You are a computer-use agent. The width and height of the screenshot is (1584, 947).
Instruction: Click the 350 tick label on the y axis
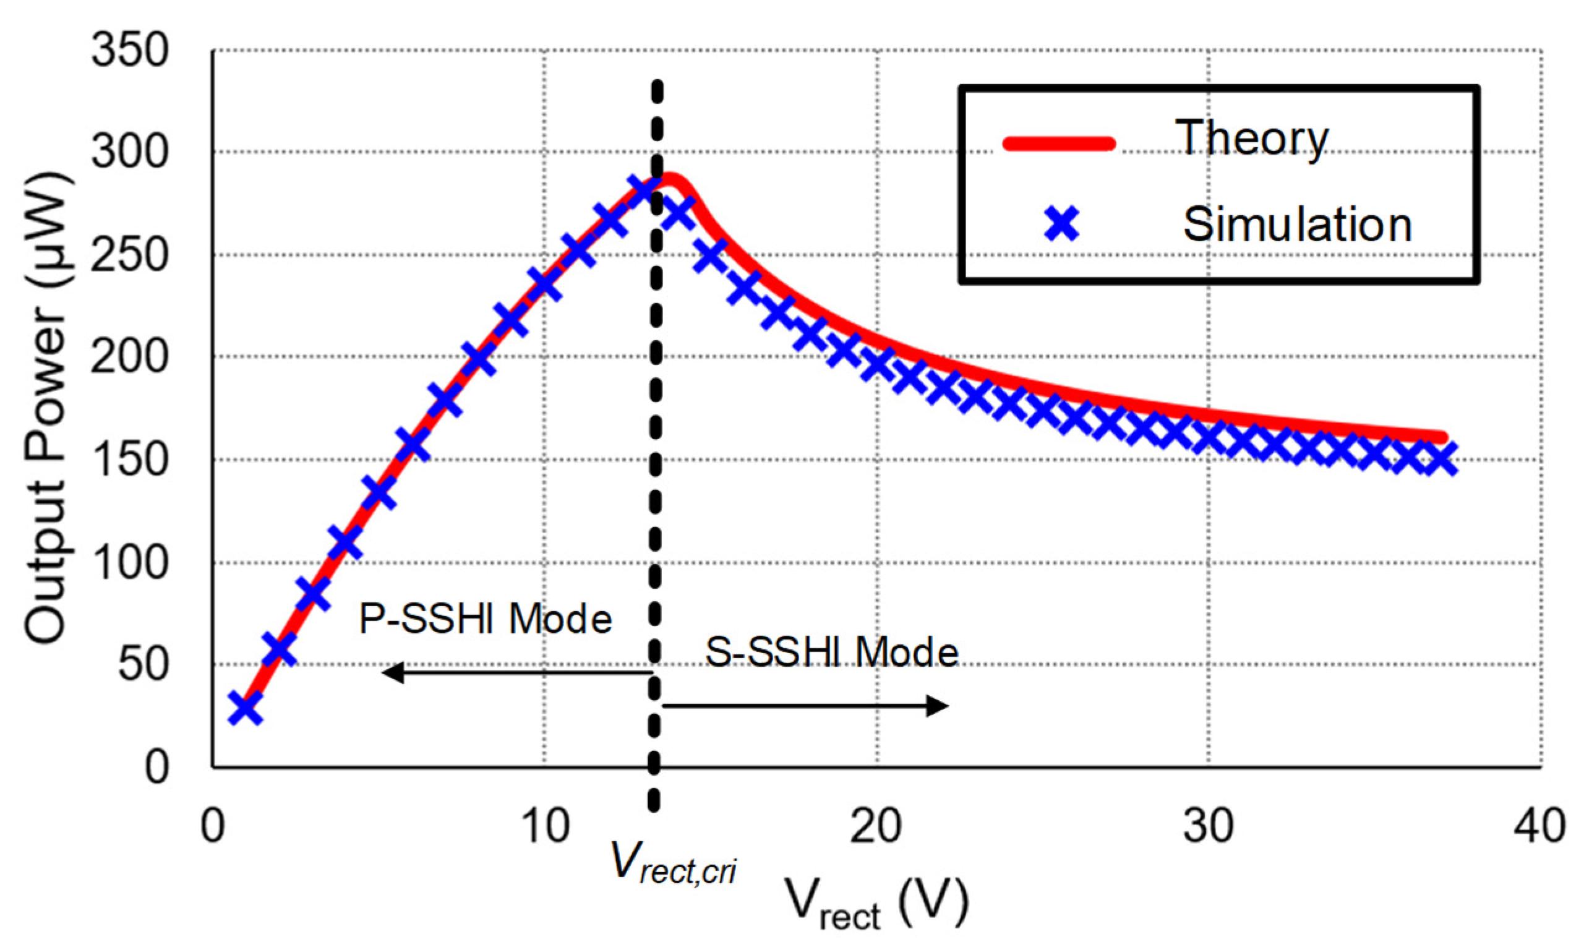(x=129, y=51)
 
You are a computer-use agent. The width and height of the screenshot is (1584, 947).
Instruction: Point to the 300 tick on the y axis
(x=129, y=153)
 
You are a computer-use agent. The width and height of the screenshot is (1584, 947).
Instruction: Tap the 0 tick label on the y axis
(x=156, y=767)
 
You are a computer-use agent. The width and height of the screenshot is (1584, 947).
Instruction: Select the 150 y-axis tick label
(x=129, y=460)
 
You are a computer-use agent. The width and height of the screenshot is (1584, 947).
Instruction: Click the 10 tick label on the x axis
(x=544, y=826)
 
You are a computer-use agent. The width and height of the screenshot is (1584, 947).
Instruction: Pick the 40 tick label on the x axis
(x=1539, y=826)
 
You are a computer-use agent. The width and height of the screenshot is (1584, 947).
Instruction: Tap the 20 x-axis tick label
(x=876, y=826)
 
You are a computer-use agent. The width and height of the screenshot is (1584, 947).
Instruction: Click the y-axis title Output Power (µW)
(x=46, y=408)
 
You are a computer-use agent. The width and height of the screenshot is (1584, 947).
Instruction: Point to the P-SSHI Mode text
(x=486, y=619)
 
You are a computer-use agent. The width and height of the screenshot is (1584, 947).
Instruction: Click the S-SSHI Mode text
(x=831, y=653)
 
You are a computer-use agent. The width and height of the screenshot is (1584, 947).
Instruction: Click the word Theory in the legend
(x=1251, y=139)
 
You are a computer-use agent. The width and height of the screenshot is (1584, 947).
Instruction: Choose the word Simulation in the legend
(x=1297, y=225)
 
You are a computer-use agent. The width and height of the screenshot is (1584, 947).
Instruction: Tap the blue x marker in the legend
(x=1061, y=224)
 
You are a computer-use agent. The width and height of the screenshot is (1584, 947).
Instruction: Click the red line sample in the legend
(x=1059, y=143)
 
